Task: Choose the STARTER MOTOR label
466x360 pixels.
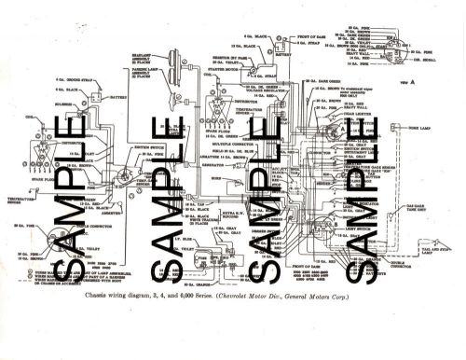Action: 212,69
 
